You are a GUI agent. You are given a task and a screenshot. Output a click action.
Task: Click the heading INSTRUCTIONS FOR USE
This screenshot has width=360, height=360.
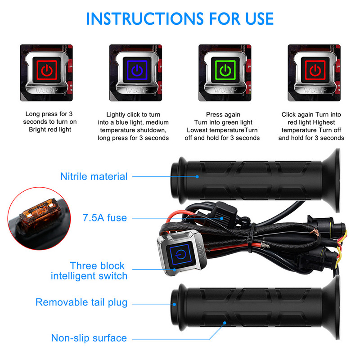point(180,19)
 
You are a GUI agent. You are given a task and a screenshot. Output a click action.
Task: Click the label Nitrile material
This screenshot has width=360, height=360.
point(94,176)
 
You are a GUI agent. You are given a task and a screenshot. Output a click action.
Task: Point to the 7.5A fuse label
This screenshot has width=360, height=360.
point(105,218)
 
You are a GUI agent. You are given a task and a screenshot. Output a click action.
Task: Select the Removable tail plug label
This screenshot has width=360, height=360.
point(81,302)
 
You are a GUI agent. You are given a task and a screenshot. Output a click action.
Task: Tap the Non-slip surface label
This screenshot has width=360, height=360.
point(89,337)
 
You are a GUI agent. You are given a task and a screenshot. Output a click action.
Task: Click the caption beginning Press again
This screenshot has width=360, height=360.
point(224,126)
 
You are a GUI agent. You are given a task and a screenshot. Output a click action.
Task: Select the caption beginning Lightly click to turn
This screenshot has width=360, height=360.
point(134,126)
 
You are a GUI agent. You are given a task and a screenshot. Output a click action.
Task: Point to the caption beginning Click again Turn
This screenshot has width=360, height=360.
point(311,126)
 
